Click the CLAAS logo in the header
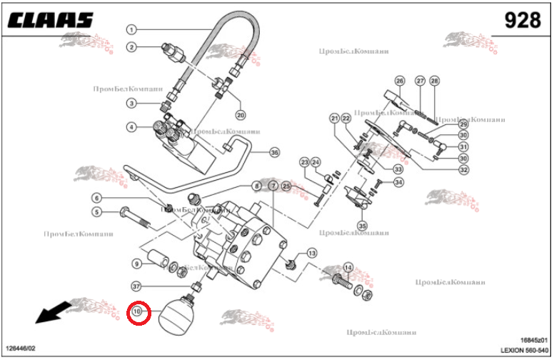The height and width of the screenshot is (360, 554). (51, 20)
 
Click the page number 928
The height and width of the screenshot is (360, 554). (522, 20)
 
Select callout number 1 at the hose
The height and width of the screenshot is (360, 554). (131, 30)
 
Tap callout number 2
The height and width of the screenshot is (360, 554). (131, 47)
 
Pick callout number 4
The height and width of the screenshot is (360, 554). (131, 127)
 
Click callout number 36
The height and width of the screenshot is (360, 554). (274, 151)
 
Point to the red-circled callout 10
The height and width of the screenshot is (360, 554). (138, 312)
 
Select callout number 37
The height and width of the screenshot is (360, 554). (136, 286)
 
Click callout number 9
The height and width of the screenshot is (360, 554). (136, 264)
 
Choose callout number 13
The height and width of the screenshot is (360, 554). (311, 254)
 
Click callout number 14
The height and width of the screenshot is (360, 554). (348, 268)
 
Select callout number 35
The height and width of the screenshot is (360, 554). (362, 226)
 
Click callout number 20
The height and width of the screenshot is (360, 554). (240, 114)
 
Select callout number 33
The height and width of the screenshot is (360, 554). (398, 169)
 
